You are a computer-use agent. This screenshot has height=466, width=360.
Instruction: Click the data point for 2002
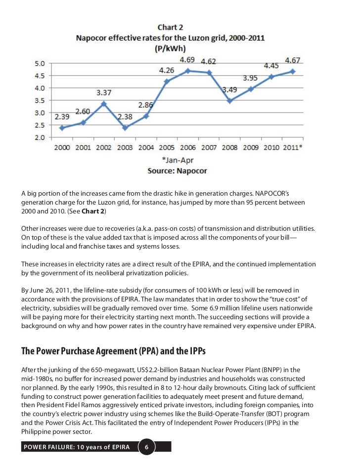pyautogui.click(x=103, y=104)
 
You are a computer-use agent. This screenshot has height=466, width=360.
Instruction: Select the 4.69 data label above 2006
pyautogui.click(x=186, y=60)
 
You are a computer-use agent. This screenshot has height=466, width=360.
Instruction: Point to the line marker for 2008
pyautogui.click(x=230, y=101)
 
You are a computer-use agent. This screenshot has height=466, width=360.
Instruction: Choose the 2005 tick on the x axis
pyautogui.click(x=167, y=148)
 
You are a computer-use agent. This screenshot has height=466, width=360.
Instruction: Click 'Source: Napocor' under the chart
pyautogui.click(x=177, y=170)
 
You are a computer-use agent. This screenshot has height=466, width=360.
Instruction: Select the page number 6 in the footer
pyautogui.click(x=147, y=448)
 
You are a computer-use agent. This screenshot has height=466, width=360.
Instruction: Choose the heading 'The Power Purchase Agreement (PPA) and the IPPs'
pyautogui.click(x=113, y=351)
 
